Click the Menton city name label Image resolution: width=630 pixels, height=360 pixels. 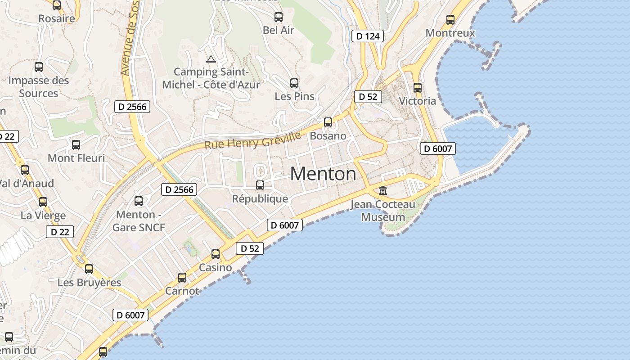pos(323,174)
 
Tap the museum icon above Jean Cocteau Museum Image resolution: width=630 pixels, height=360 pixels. pos(383,191)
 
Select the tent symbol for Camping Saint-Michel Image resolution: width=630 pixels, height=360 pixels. pos(211,59)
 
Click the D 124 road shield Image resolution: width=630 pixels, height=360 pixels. pos(367,36)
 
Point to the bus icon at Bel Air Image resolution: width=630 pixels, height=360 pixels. pos(279,18)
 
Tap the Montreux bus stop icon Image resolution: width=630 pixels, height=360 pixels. pos(450,20)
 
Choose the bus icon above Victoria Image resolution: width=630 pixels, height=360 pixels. pos(418,88)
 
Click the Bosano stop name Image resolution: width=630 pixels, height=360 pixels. pos(328,136)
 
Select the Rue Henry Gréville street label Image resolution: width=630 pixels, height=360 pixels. pos(252,141)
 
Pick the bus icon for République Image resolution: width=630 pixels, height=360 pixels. pos(260,185)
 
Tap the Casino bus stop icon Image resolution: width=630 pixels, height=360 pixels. pos(216,254)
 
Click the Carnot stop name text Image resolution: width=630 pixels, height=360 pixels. pos(182,291)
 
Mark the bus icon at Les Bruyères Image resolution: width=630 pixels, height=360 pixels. pos(89,269)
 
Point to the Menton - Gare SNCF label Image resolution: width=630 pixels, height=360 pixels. pos(139,221)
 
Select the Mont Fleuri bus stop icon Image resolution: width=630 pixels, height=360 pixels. pos(76,145)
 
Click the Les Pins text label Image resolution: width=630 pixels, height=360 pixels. pos(294,96)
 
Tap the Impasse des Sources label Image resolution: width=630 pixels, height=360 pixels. pos(39,87)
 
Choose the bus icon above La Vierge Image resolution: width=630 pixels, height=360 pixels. pos(43,202)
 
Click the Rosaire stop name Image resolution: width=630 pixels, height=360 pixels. pos(56,18)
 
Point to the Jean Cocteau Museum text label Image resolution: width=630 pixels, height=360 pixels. pos(383,211)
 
